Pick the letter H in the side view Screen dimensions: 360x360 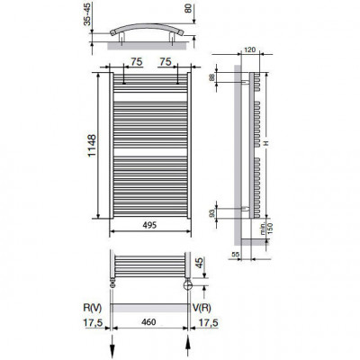pyautogui.click(x=267, y=141)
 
